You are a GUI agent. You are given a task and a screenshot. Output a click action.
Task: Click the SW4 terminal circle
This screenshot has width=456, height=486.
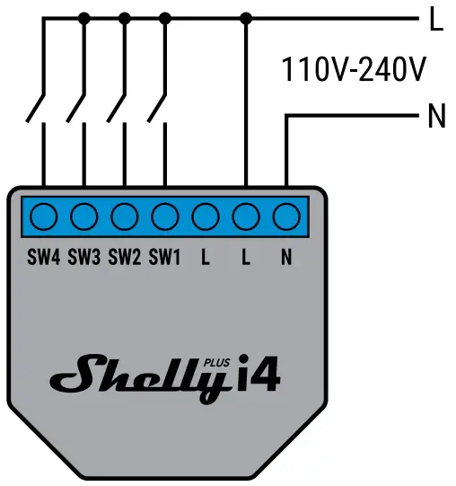pos(43,216)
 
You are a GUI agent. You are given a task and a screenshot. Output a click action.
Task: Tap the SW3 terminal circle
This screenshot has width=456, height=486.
pos(83,216)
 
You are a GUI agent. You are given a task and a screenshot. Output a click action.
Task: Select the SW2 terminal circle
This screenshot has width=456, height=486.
pos(124,216)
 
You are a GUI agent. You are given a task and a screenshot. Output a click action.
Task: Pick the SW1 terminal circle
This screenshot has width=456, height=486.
pos(164,216)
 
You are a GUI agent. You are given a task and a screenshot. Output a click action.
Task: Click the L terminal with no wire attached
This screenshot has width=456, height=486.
pos(206,216)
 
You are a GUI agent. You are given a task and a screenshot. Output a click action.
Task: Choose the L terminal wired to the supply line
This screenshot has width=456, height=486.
pos(246,216)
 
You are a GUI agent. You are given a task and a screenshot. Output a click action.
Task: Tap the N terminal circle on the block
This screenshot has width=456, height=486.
pos(286,216)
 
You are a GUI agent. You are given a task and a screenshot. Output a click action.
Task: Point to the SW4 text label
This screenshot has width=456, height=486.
pos(43,258)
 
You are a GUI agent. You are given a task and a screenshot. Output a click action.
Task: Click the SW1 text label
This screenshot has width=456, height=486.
pos(164,258)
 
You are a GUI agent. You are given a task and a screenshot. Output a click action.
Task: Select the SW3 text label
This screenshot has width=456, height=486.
pos(83,258)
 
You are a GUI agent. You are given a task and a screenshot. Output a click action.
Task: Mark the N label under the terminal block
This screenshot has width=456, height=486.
pos(286,258)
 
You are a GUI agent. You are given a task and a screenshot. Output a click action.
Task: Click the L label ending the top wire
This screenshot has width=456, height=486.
pos(436,20)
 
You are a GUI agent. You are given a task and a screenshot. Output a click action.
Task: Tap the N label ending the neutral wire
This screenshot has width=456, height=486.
pos(436,117)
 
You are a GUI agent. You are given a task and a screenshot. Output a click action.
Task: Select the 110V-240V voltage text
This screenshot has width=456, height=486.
pos(354,69)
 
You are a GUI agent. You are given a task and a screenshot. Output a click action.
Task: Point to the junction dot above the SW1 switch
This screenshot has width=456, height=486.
pos(164,17)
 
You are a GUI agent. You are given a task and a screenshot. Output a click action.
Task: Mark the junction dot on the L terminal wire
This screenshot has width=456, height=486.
pos(246,17)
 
